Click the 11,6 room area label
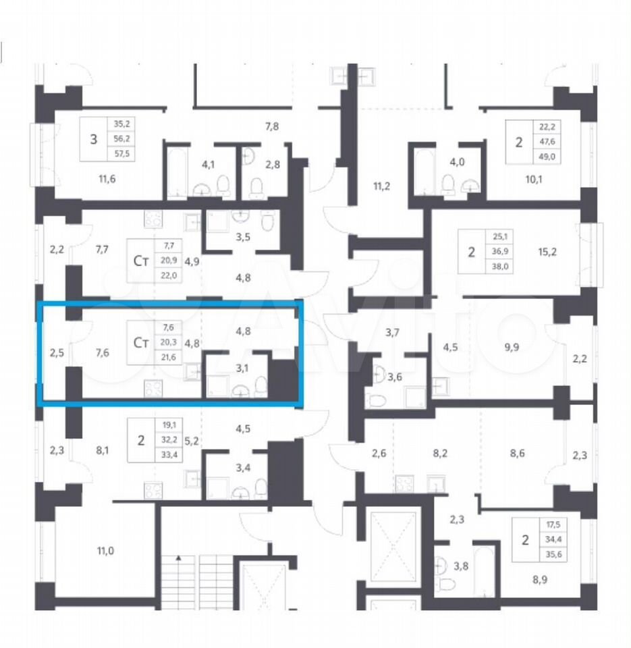pyautogui.click(x=107, y=179)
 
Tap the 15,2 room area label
pyautogui.click(x=547, y=252)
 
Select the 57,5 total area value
pyautogui.click(x=121, y=154)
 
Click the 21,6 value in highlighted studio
pyautogui.click(x=168, y=357)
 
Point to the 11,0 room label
pyautogui.click(x=105, y=551)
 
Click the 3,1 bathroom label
pyautogui.click(x=242, y=368)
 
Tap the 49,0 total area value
pyautogui.click(x=547, y=157)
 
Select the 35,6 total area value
pyautogui.click(x=553, y=555)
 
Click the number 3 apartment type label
pyautogui.click(x=94, y=139)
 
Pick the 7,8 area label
pyautogui.click(x=272, y=126)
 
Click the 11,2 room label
pyautogui.click(x=381, y=186)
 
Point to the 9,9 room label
pyautogui.click(x=512, y=347)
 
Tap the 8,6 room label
pyautogui.click(x=517, y=454)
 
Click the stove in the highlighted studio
pyautogui.click(x=153, y=389)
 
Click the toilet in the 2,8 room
pyautogui.click(x=256, y=188)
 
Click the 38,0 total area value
pyautogui.click(x=500, y=267)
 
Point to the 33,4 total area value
pyautogui.click(x=169, y=455)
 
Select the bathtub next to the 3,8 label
pyautogui.click(x=485, y=572)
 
